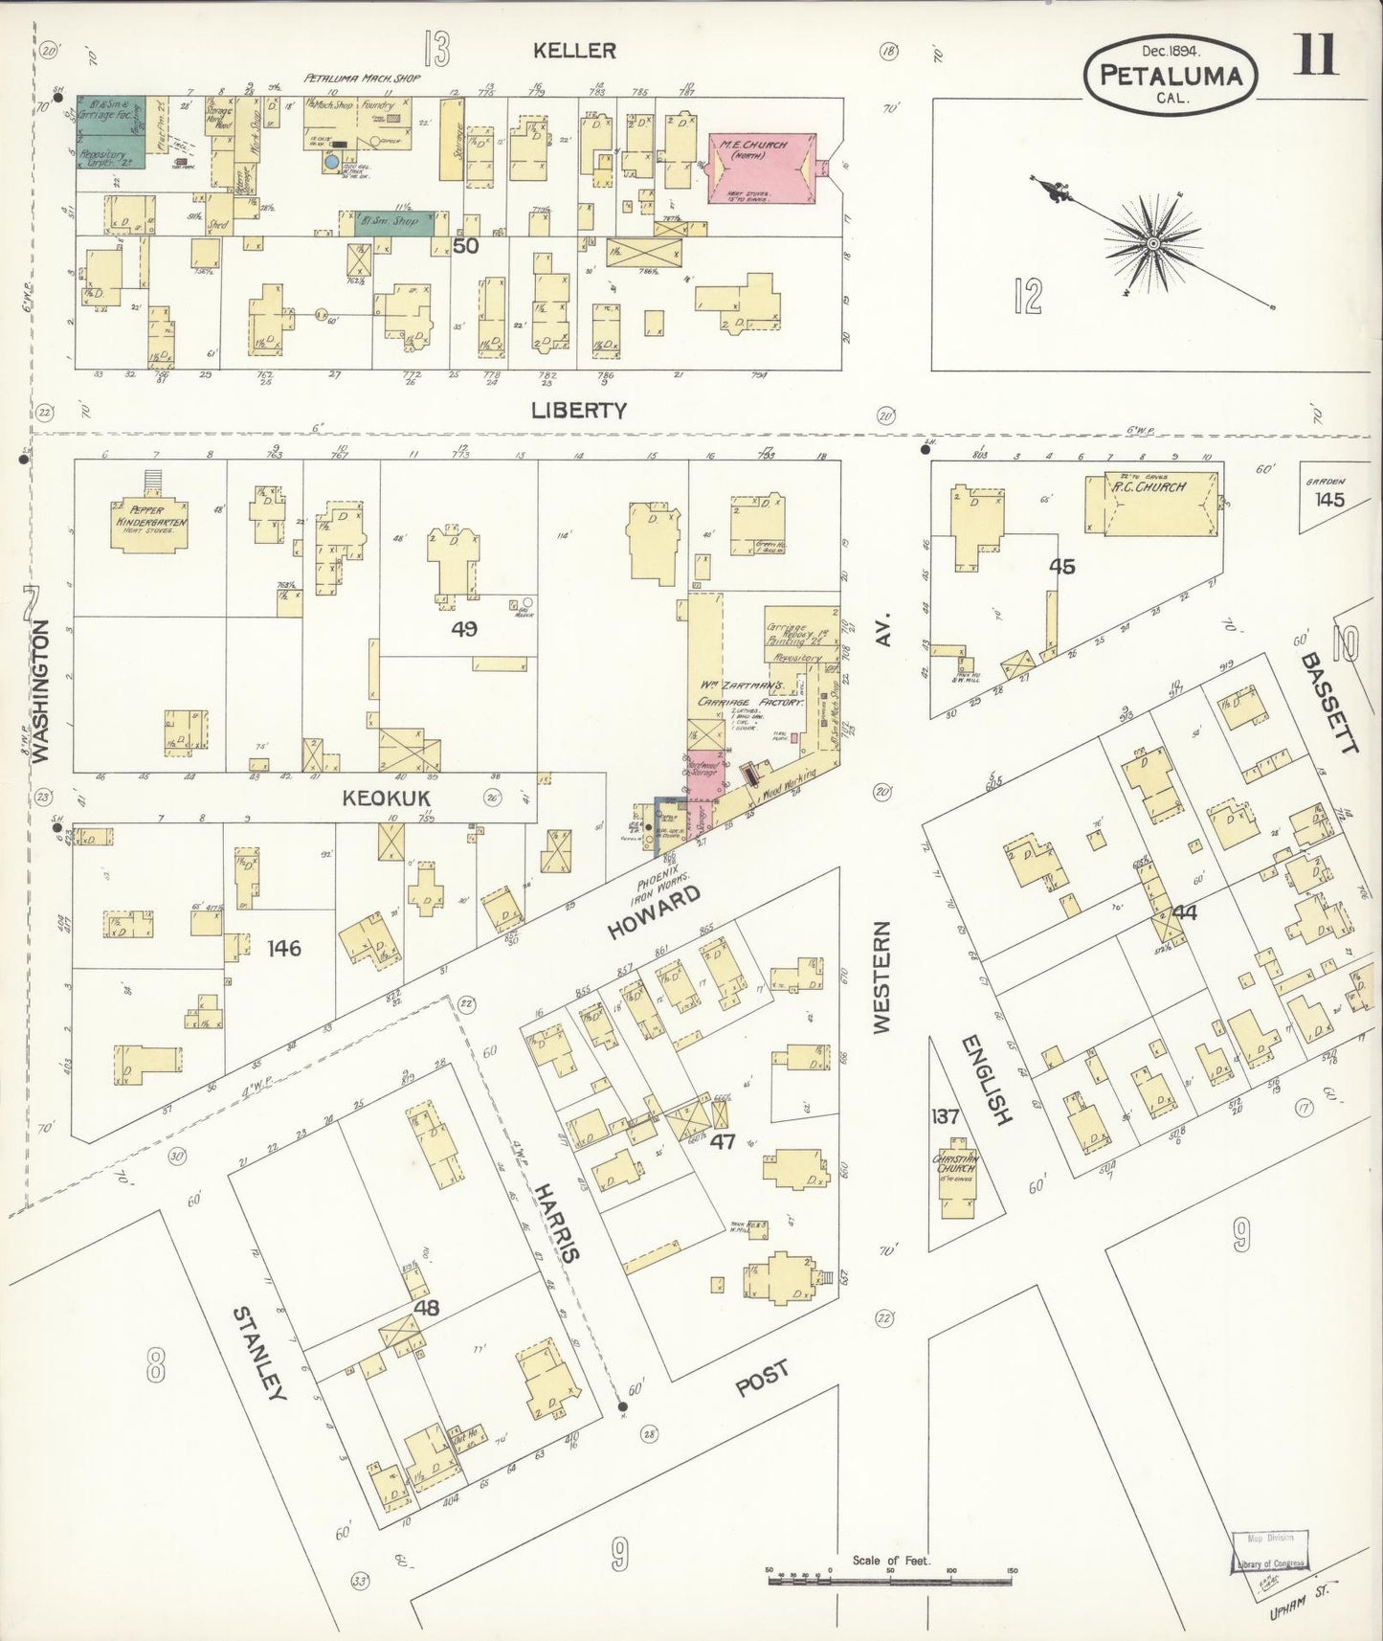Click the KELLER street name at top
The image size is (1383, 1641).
coord(575,51)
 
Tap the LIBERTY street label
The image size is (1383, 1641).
coord(579,410)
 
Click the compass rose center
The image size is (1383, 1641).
coord(1155,244)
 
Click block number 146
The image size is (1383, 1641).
coord(284,948)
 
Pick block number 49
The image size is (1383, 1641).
coord(464,629)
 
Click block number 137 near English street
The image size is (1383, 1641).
coord(946,1115)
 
